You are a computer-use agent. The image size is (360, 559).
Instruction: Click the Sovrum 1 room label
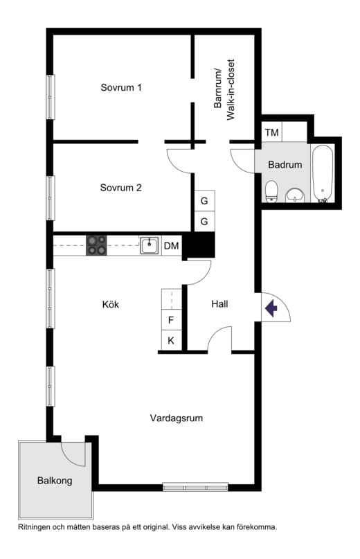pos(121,87)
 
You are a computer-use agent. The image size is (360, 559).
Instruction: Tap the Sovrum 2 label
pos(121,188)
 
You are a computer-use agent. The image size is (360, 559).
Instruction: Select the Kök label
pos(111,305)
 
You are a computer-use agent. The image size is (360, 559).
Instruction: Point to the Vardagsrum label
pos(177,418)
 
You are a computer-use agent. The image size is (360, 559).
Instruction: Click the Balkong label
pos(55,481)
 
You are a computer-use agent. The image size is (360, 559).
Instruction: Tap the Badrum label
pos(285,165)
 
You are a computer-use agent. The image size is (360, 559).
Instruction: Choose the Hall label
pos(219,304)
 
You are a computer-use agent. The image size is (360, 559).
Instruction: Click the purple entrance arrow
pos(271,308)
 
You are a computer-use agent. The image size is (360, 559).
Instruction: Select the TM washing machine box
pos(272,132)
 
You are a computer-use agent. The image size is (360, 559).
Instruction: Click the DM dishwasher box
pos(172,246)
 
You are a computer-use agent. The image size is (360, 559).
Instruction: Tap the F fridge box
pos(171,320)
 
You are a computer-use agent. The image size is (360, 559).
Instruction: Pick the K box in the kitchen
pos(171,340)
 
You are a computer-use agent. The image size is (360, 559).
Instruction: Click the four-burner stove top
pos(96,245)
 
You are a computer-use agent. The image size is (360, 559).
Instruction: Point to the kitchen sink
pos(150,246)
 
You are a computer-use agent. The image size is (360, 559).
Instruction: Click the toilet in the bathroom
pos(271,191)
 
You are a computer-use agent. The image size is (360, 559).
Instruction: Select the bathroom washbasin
pos(295,195)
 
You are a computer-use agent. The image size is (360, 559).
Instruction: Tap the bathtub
pos(323,174)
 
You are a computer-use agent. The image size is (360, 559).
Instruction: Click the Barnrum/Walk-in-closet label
pos(224,89)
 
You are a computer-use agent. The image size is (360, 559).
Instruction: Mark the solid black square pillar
pos(201,245)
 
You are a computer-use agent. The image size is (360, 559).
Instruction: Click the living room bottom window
pos(195,487)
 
